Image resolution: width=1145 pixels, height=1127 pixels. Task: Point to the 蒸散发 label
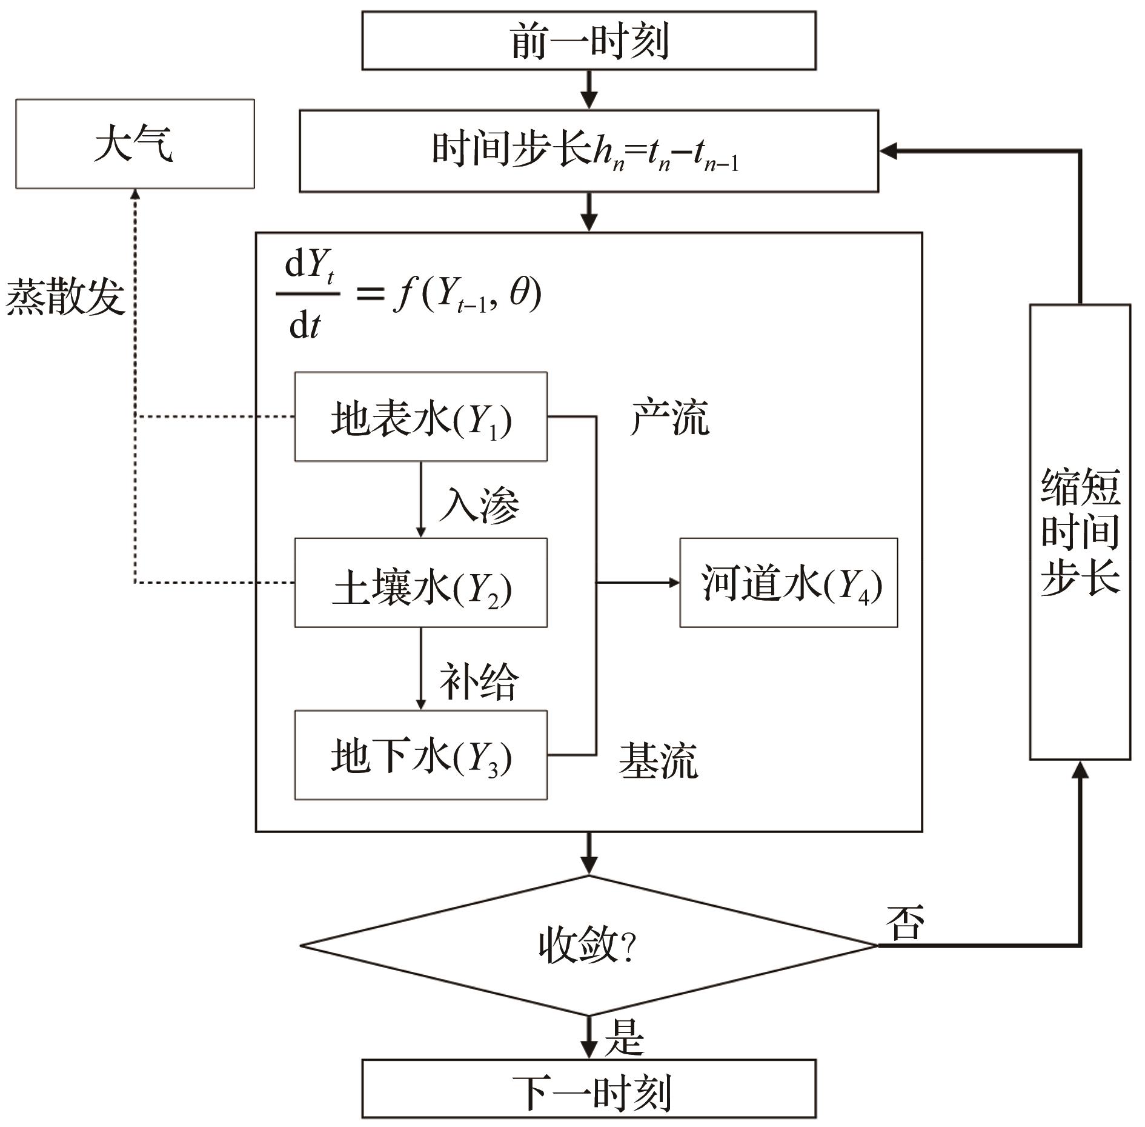[65, 296]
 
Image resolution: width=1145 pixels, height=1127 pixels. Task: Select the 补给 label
[479, 682]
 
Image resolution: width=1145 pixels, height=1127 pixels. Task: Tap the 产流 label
[669, 418]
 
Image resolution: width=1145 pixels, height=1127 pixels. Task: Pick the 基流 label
[659, 760]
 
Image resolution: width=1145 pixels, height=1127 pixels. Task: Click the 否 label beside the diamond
[905, 923]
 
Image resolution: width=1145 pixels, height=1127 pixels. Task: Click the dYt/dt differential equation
[409, 296]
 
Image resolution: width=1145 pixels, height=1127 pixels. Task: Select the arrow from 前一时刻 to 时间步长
[589, 90]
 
